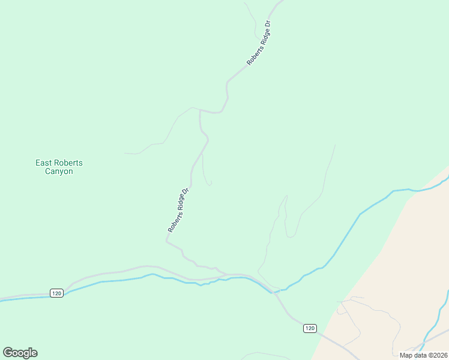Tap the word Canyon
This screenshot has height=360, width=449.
click(59, 172)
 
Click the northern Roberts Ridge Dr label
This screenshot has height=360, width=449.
click(259, 43)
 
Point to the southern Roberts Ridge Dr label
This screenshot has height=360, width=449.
click(179, 209)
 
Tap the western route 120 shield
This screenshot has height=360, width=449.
click(57, 293)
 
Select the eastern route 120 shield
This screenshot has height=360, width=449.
click(309, 328)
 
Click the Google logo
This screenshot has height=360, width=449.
click(20, 353)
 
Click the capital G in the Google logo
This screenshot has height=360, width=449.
click(8, 352)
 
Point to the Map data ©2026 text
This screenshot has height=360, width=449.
click(423, 355)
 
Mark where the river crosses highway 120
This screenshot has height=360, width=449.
click(276, 292)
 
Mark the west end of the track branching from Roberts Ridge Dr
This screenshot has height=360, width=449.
click(124, 153)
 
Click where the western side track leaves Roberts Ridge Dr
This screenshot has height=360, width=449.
click(199, 110)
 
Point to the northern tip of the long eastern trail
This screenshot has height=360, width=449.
click(335, 145)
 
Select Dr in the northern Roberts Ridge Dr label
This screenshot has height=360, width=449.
click(268, 27)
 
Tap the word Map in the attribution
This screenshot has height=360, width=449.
click(406, 355)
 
